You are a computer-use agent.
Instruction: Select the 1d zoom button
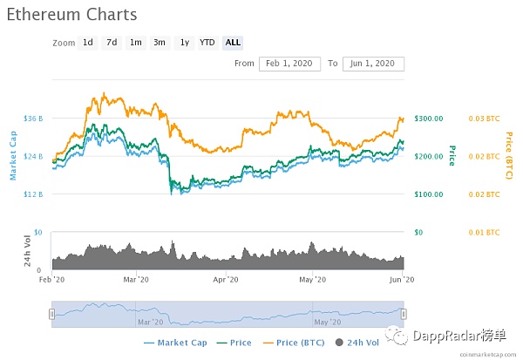coord(88,43)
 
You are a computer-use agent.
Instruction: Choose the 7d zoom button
coord(112,43)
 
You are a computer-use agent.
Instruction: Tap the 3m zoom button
coord(160,43)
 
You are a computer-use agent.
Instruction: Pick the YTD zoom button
coord(207,43)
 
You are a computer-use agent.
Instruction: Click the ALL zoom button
coord(233,43)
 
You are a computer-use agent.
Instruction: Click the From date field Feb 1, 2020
coord(289,64)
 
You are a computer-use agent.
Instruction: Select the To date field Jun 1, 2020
coord(373,64)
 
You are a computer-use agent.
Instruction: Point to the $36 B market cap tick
coord(33,118)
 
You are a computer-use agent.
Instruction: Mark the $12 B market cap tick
coord(33,194)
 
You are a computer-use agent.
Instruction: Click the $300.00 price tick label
coord(429,118)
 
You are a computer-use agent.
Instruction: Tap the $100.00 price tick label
coord(429,194)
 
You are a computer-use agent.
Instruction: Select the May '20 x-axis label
coord(312,279)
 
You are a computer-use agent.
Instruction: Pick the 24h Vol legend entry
coord(354,343)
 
